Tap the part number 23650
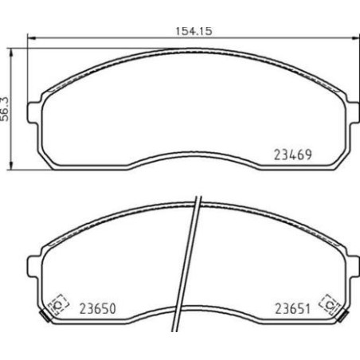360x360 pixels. pos(96,307)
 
